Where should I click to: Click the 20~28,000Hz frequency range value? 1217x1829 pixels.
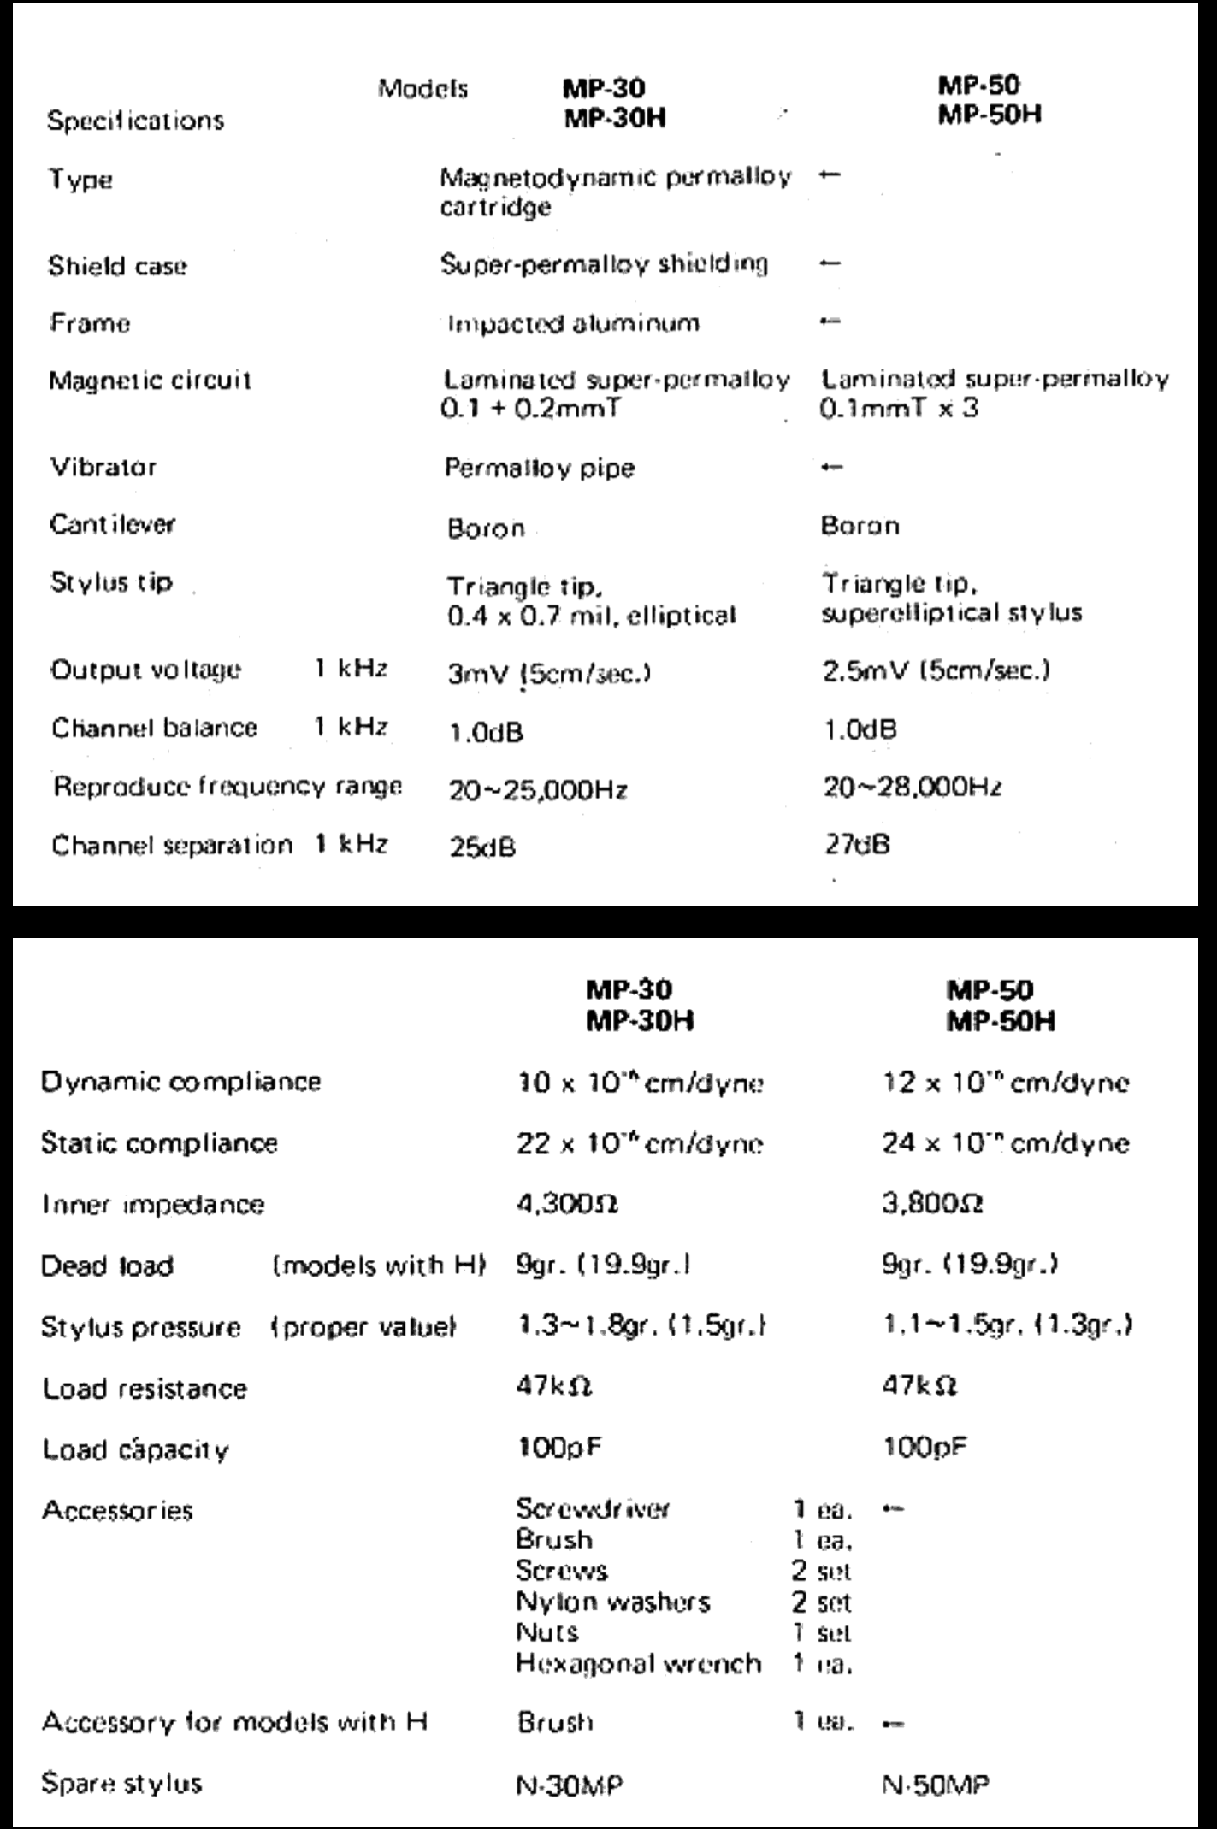912,787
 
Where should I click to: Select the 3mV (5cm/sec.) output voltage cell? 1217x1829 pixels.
549,674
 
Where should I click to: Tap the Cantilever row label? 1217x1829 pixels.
112,524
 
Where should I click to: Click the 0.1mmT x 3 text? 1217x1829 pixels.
898,409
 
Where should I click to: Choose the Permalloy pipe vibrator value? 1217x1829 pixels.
539,469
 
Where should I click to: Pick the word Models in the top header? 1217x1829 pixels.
423,89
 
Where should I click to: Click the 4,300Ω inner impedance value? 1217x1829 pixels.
567,1204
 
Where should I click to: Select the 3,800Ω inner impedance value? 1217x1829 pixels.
932,1204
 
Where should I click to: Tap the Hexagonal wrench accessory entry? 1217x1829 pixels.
638,1663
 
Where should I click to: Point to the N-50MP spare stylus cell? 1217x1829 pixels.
936,1785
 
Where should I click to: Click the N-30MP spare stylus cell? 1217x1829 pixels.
570,1785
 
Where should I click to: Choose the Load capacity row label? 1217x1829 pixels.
136,1450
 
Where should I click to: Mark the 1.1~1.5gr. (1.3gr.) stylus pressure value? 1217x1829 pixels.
1007,1326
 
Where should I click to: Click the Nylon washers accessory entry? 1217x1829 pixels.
612,1602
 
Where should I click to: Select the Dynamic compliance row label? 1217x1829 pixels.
180,1082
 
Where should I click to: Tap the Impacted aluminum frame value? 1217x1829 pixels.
573,323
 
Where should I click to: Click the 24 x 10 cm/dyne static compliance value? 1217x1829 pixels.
1005,1143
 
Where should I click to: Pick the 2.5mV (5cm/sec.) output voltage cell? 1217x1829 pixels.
936,670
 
